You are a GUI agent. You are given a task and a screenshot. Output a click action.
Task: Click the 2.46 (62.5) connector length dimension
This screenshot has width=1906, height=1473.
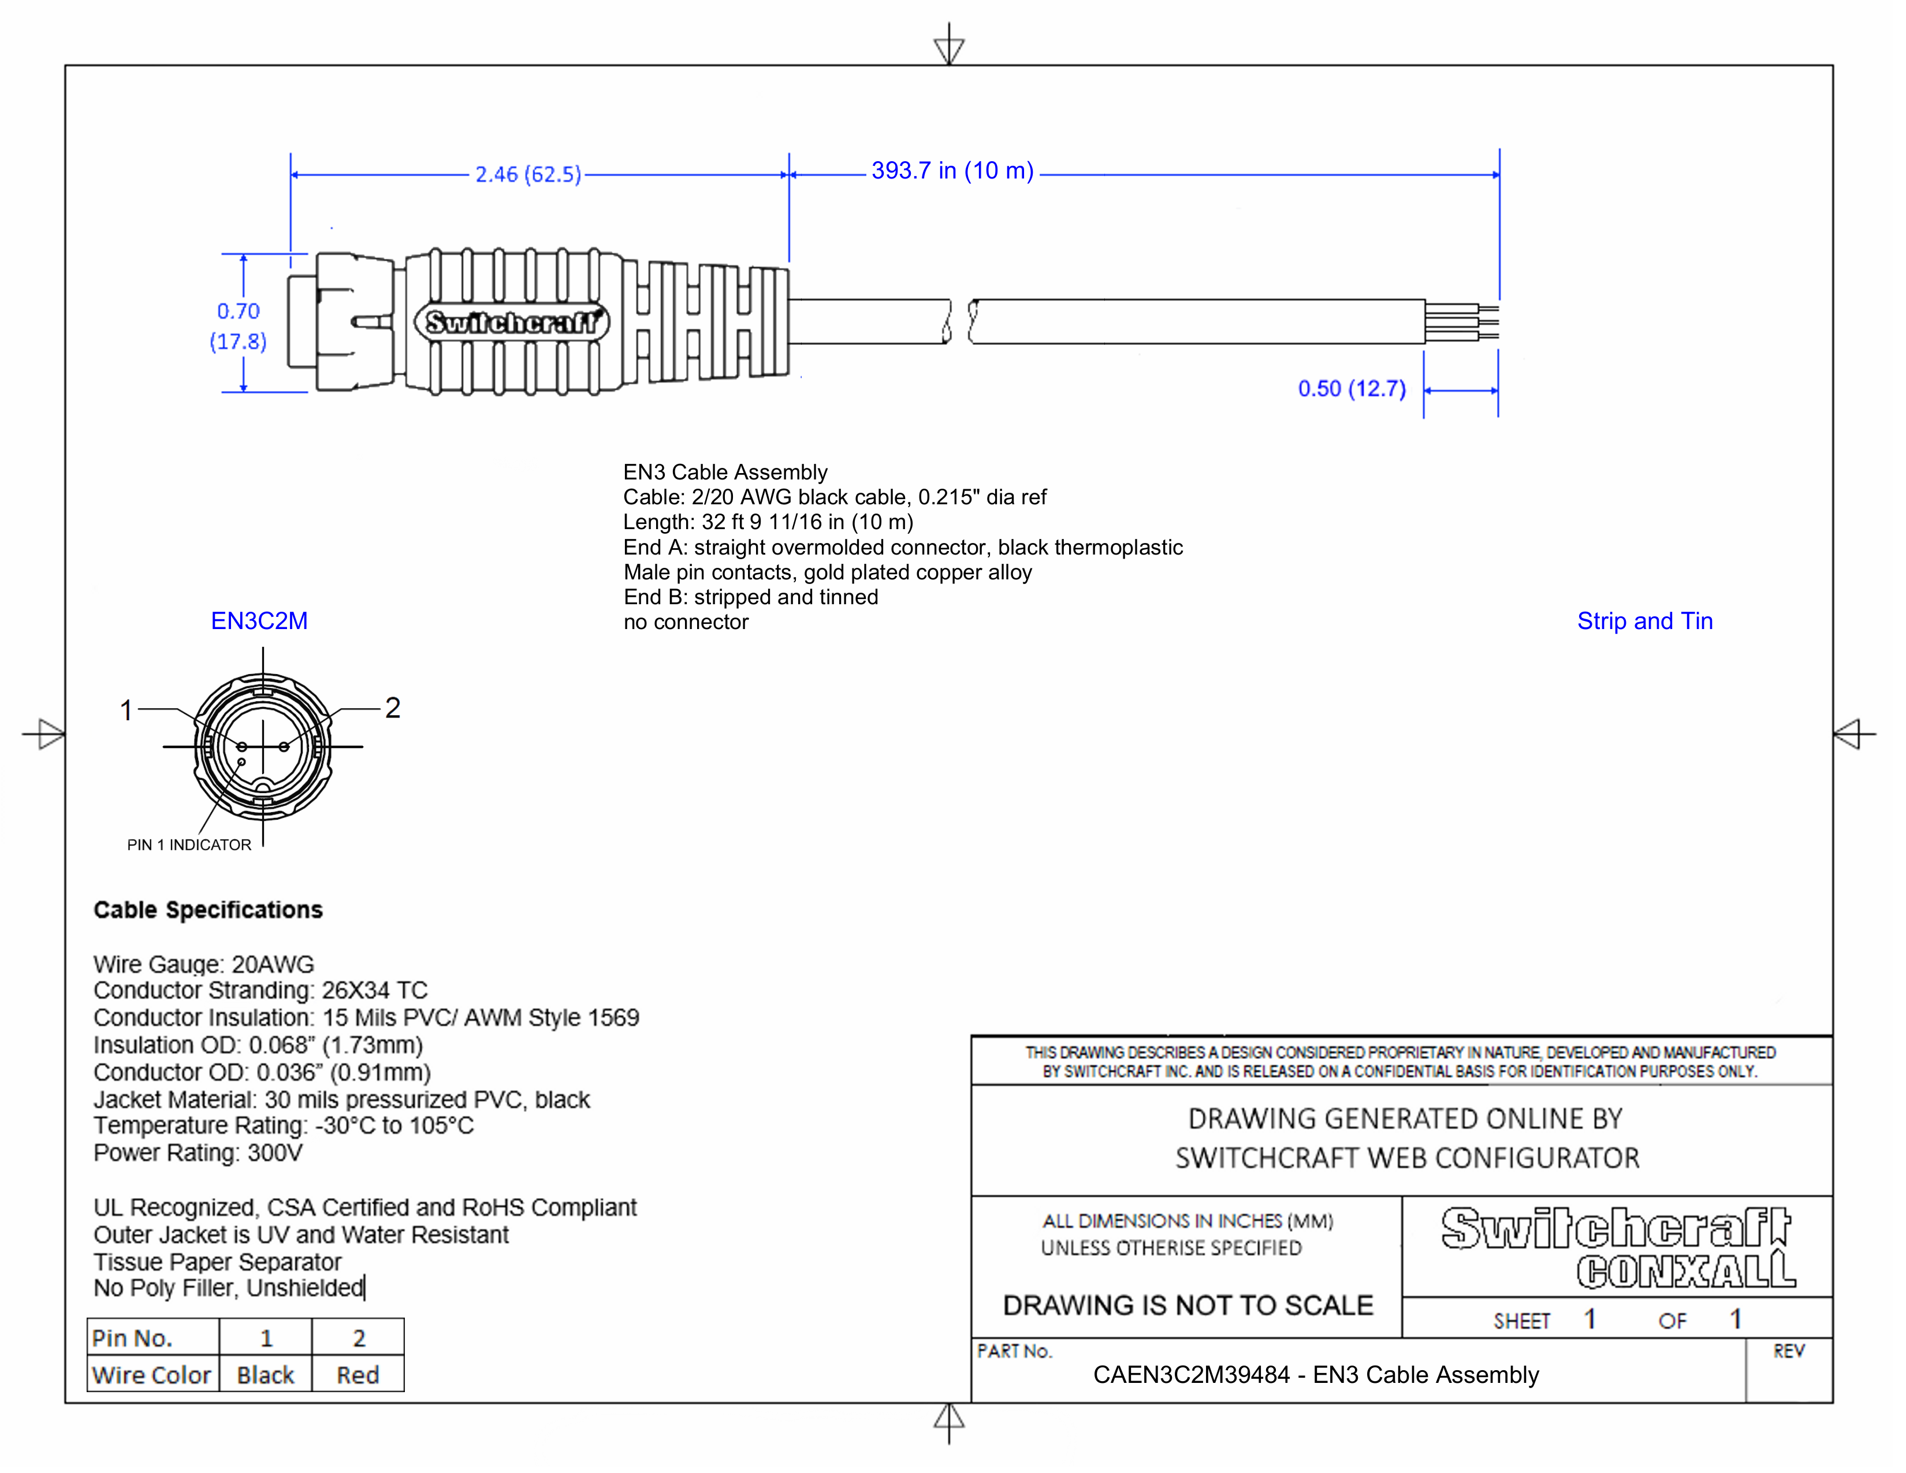pyautogui.click(x=527, y=174)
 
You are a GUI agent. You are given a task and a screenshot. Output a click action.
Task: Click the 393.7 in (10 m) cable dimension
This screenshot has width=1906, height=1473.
pyautogui.click(x=951, y=171)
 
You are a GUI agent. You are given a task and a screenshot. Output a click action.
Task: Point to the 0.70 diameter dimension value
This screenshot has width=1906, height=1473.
pyautogui.click(x=238, y=311)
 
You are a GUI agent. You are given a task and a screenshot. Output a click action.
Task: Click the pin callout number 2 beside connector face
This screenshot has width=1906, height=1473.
pyautogui.click(x=393, y=708)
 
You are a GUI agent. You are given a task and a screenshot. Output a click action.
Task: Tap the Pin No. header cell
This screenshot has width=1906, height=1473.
pyautogui.click(x=133, y=1338)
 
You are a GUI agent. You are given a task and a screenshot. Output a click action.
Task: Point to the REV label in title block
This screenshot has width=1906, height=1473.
pyautogui.click(x=1788, y=1351)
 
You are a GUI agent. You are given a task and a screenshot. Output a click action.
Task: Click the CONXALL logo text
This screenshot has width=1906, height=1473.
pyautogui.click(x=1684, y=1271)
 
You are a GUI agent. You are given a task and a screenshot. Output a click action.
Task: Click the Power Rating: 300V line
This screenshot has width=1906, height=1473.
pyautogui.click(x=198, y=1153)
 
